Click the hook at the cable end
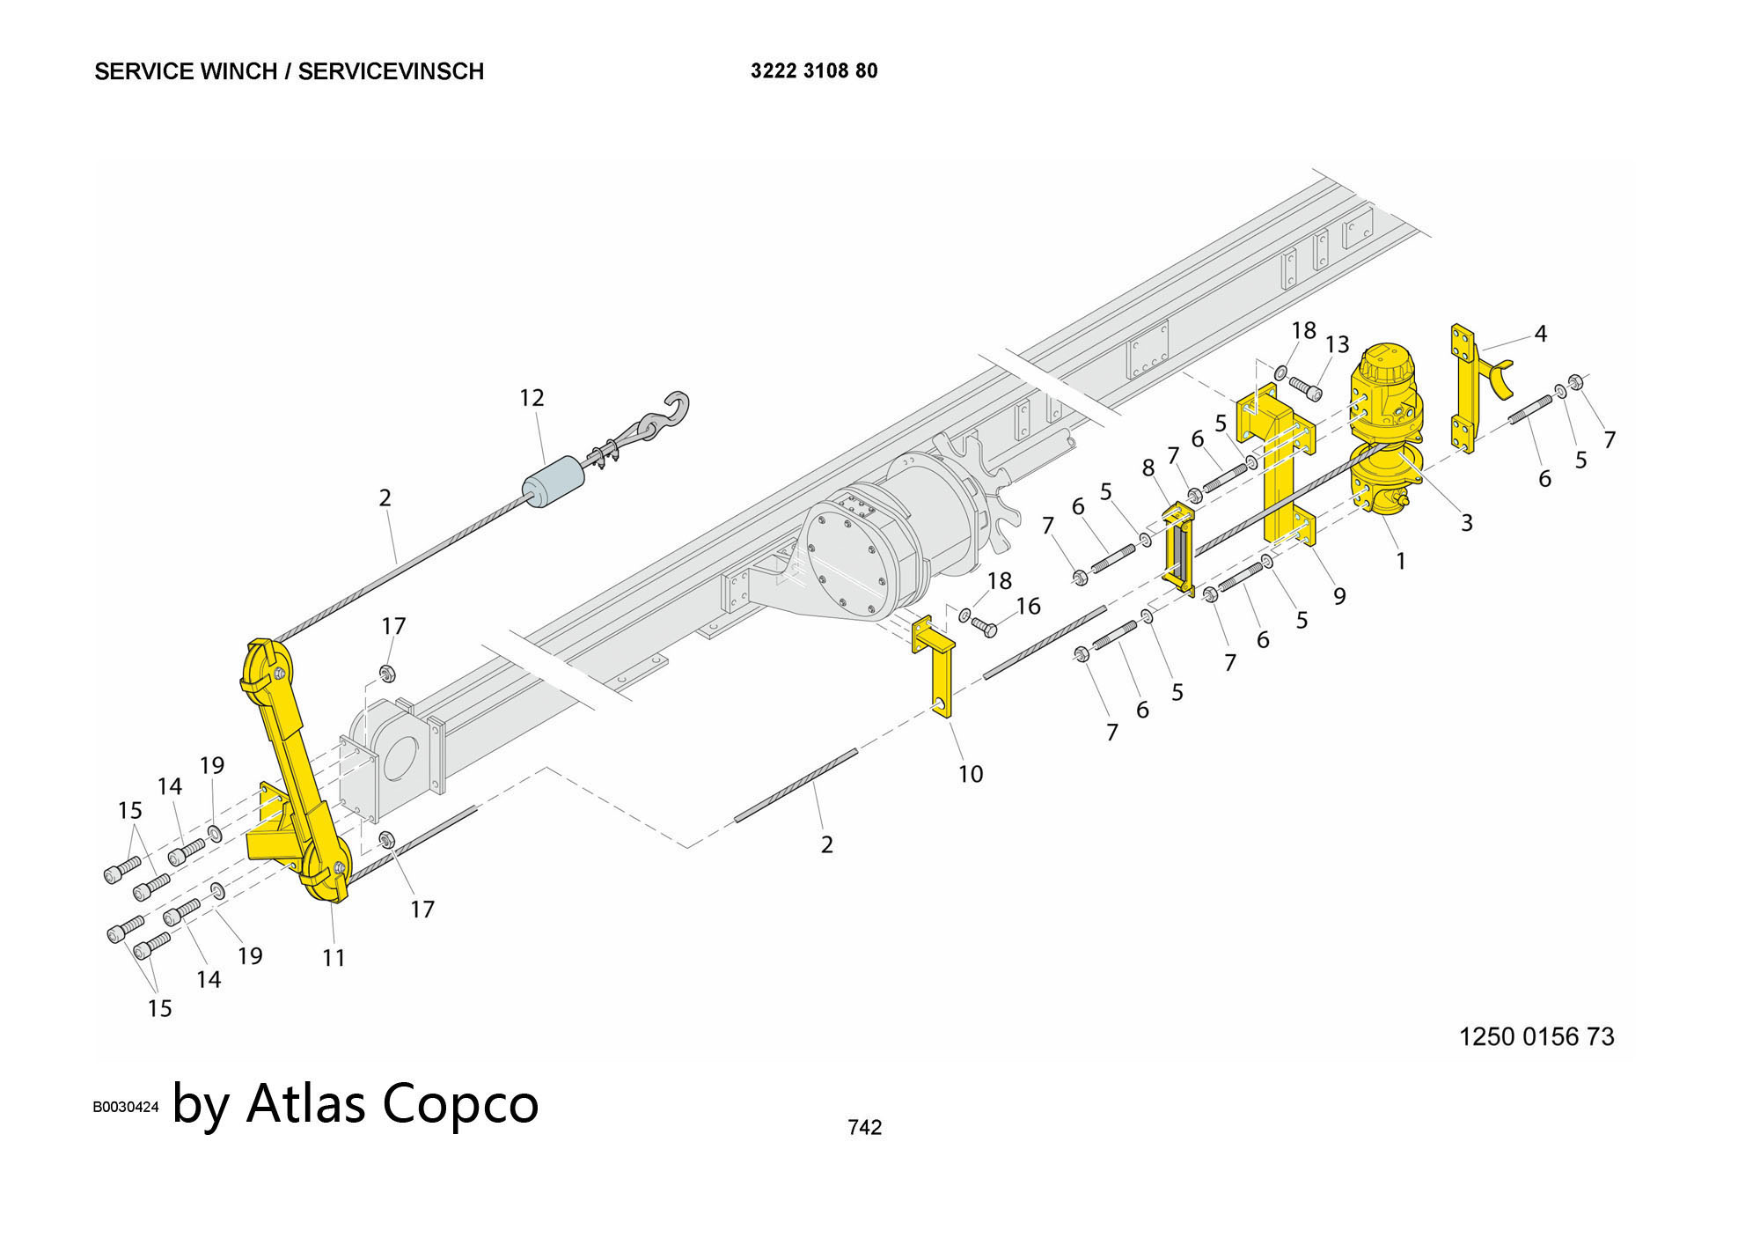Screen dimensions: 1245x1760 click(678, 407)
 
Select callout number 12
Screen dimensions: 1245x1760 click(532, 398)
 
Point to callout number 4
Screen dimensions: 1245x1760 click(1540, 334)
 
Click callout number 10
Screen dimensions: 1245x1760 click(970, 774)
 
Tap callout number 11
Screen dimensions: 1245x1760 click(334, 958)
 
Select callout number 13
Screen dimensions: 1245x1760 click(1337, 344)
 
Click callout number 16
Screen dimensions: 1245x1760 click(1028, 606)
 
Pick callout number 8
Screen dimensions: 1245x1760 click(1148, 468)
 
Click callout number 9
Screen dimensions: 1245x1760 click(1339, 596)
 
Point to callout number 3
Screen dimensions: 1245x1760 click(1466, 523)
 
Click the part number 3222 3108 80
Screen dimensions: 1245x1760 click(814, 71)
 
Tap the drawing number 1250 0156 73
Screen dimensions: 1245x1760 click(1536, 1036)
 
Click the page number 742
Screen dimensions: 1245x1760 click(864, 1127)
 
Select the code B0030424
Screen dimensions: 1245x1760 click(126, 1107)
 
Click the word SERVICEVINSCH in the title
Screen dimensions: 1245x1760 click(391, 71)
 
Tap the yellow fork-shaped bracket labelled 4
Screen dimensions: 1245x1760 click(1467, 387)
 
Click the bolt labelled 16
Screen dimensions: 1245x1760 click(985, 627)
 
